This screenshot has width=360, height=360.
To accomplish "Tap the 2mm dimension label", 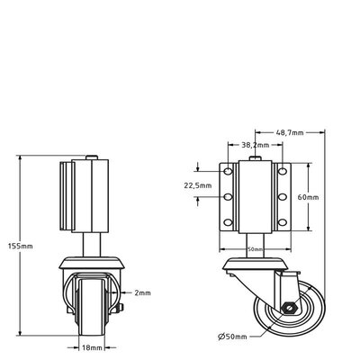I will click(140, 292).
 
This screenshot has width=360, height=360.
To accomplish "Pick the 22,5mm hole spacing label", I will click(198, 186).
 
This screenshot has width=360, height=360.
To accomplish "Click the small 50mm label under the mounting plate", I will click(255, 249).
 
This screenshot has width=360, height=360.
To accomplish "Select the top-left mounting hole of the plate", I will click(229, 171).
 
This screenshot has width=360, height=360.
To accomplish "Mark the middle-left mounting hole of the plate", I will click(229, 195).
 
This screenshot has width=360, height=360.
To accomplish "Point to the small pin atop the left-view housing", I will click(91, 159).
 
